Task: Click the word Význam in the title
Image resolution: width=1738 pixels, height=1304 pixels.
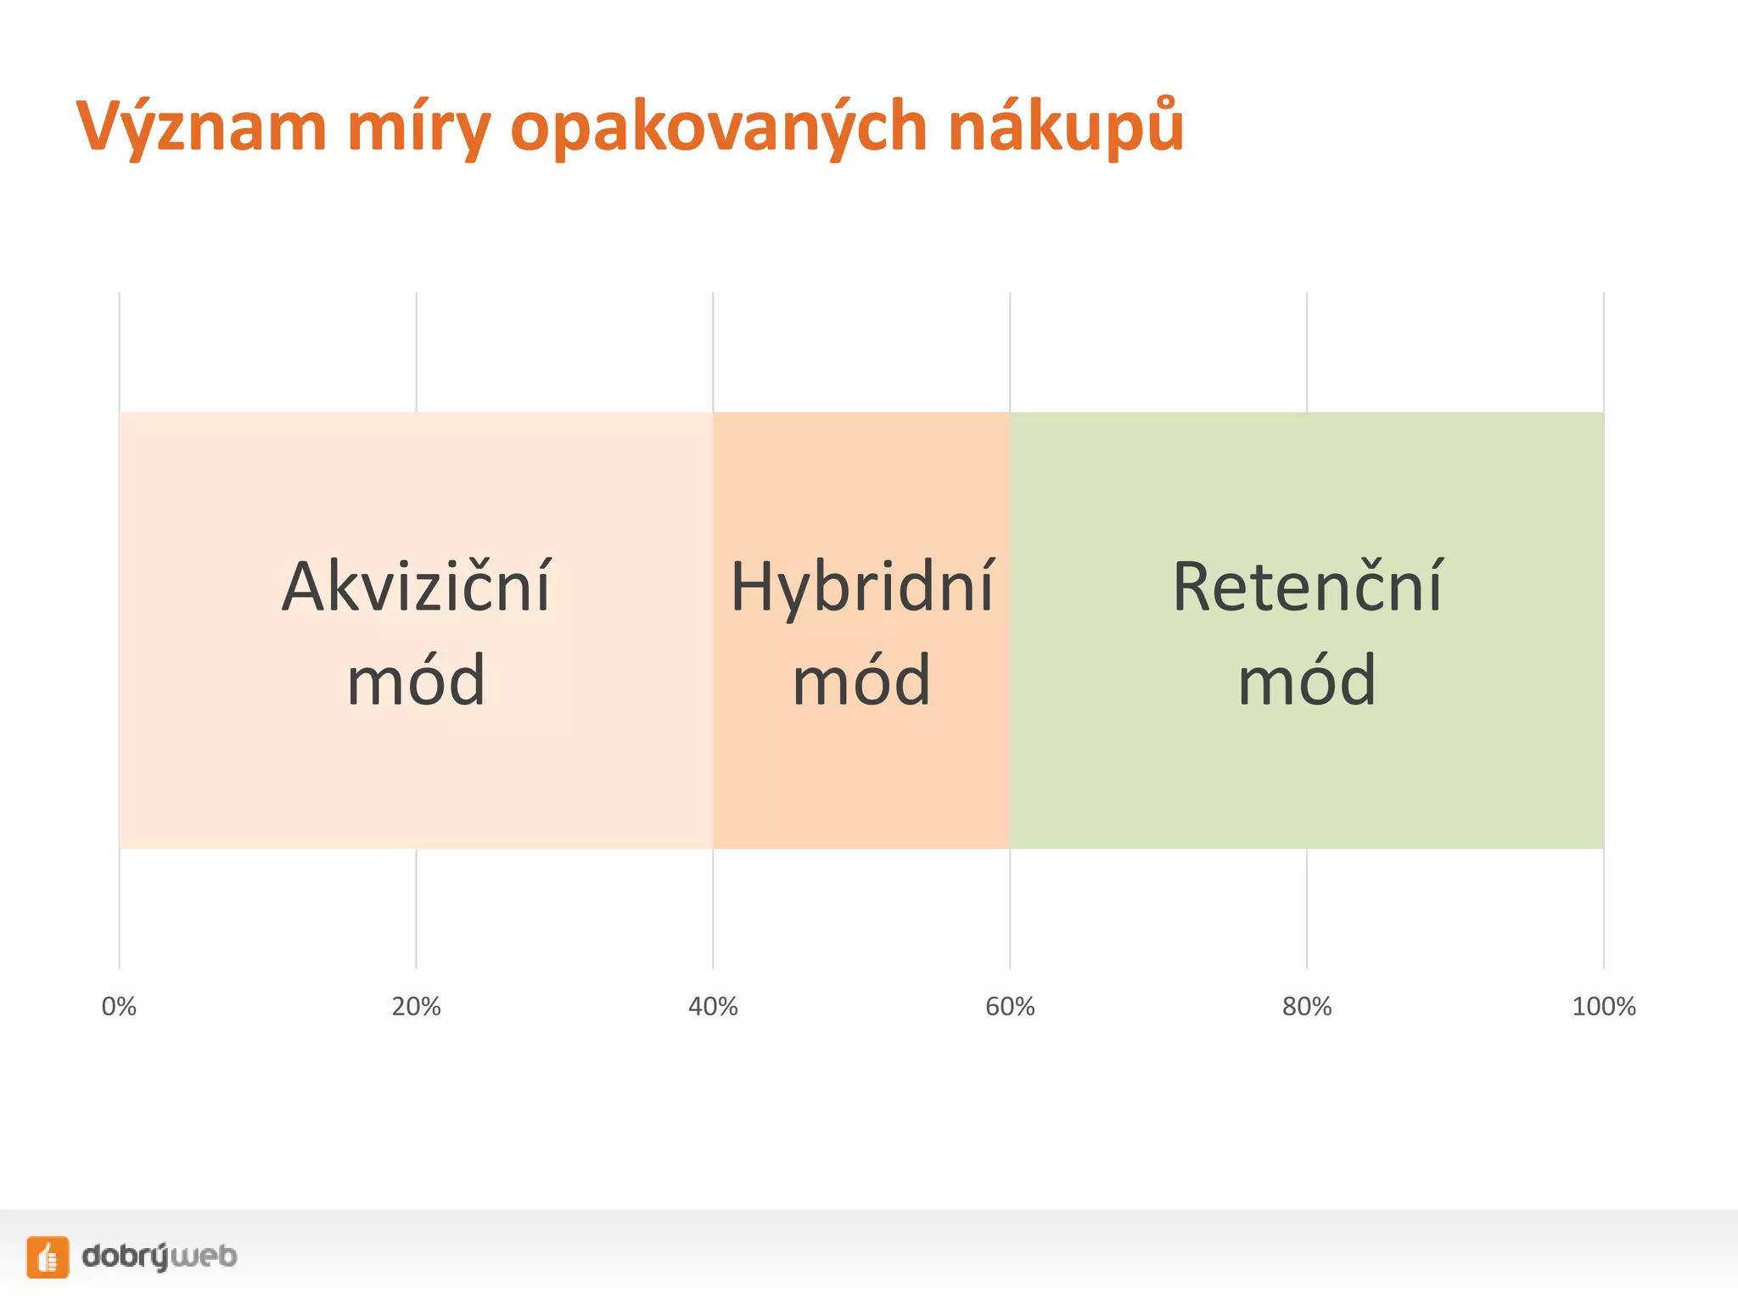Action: click(x=201, y=127)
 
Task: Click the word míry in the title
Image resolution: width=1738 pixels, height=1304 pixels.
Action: click(x=418, y=127)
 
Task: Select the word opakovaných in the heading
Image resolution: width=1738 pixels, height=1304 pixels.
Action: click(x=718, y=127)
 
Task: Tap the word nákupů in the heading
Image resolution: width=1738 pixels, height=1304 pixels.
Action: click(x=1065, y=127)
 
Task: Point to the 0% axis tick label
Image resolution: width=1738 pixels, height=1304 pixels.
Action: click(x=119, y=1007)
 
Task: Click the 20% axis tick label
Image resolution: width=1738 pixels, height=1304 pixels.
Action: click(x=416, y=1007)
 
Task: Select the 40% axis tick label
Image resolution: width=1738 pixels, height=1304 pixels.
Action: click(x=713, y=1007)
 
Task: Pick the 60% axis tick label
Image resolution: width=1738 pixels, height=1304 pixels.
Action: click(x=1010, y=1007)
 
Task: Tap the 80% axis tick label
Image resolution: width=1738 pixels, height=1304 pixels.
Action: click(x=1307, y=1007)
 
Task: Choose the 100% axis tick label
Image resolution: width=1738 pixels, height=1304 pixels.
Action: click(x=1603, y=1007)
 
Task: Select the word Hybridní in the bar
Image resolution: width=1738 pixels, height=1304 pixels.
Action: click(x=861, y=587)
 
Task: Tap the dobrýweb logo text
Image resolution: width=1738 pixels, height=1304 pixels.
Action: click(x=160, y=1256)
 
